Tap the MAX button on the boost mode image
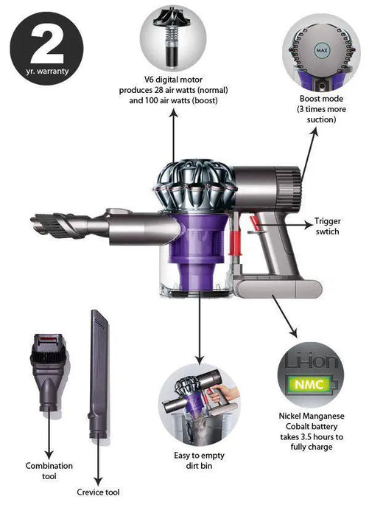(x=321, y=50)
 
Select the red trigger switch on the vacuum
(x=253, y=223)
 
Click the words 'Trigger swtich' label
(x=327, y=226)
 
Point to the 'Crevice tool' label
(x=98, y=492)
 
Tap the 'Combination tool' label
(x=49, y=471)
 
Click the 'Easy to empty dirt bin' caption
(x=199, y=461)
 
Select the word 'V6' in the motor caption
(x=150, y=80)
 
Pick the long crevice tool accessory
(x=99, y=374)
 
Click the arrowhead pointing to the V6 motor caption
(x=174, y=114)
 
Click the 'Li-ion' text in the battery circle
(x=311, y=360)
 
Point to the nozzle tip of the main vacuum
(x=33, y=220)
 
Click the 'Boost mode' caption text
(x=321, y=99)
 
